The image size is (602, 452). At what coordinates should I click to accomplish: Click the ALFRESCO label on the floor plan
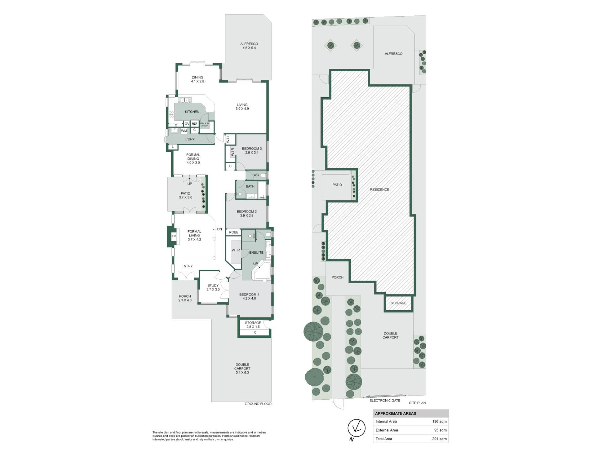tap(249, 44)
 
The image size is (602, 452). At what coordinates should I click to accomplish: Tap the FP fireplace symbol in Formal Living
tap(173, 236)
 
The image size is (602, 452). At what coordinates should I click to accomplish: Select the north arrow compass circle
tap(356, 428)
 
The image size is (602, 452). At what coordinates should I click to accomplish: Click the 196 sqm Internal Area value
tap(439, 422)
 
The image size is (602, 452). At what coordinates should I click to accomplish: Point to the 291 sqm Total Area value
tap(439, 439)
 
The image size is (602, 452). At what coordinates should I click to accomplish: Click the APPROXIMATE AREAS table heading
tap(396, 413)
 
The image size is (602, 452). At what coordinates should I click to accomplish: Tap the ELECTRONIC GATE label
tap(385, 401)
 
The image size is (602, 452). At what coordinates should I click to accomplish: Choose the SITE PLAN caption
tap(417, 403)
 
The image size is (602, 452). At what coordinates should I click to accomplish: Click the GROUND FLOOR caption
tap(258, 404)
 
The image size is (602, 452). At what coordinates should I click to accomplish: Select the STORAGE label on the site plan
tap(398, 303)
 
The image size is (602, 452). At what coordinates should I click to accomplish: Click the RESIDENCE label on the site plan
tap(379, 190)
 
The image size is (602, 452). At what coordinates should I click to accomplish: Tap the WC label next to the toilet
tap(256, 175)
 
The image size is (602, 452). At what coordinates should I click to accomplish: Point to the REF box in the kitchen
tap(194, 124)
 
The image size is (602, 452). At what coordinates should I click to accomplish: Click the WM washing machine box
tap(184, 131)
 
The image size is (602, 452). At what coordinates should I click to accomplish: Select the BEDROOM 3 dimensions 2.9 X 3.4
tap(252, 153)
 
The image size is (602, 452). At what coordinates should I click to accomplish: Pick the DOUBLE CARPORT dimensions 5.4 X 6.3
tap(242, 373)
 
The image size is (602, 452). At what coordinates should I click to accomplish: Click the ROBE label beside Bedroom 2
tap(234, 232)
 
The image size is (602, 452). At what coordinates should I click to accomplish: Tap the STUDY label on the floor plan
tap(213, 286)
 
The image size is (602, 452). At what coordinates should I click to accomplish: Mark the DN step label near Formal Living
tap(219, 229)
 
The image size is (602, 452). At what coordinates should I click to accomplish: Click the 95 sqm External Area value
tap(440, 430)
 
